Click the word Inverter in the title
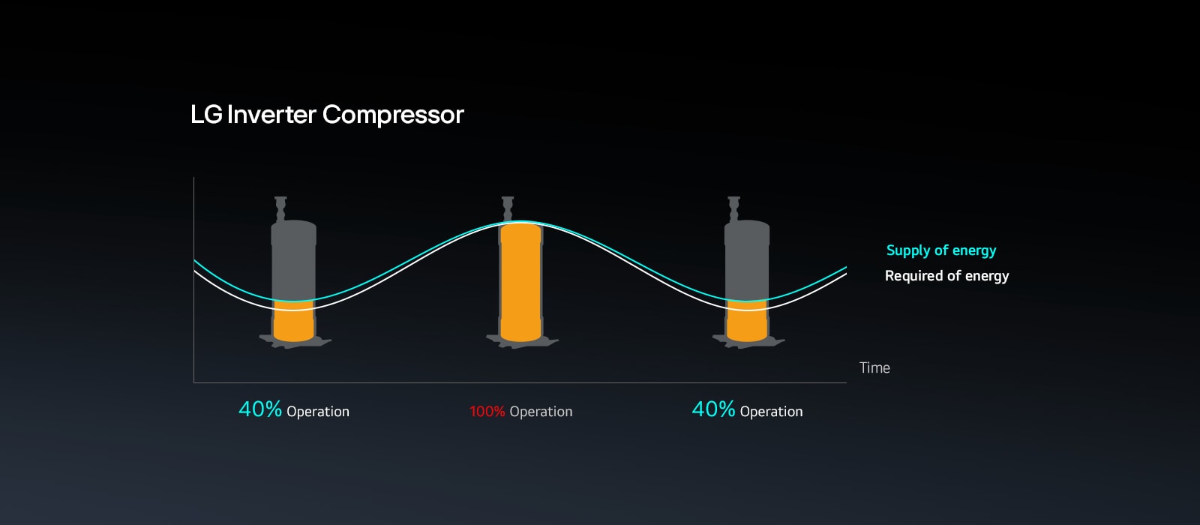coord(271,115)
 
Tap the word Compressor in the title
coord(393,115)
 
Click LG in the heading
coord(205,115)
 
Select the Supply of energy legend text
coord(941,250)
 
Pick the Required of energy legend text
coord(946,276)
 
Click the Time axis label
coord(874,367)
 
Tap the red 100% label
coord(487,412)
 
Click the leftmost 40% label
coord(259,409)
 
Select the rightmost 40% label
coord(712,409)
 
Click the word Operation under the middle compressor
coord(541,412)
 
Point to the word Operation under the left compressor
coord(318,412)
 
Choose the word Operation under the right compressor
coord(771,412)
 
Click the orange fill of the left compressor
coord(293,324)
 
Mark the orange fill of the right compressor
coord(747,324)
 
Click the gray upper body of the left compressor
coord(293,259)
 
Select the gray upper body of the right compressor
coord(747,259)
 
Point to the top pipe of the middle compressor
coord(508,206)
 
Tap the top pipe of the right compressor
coord(734,207)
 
